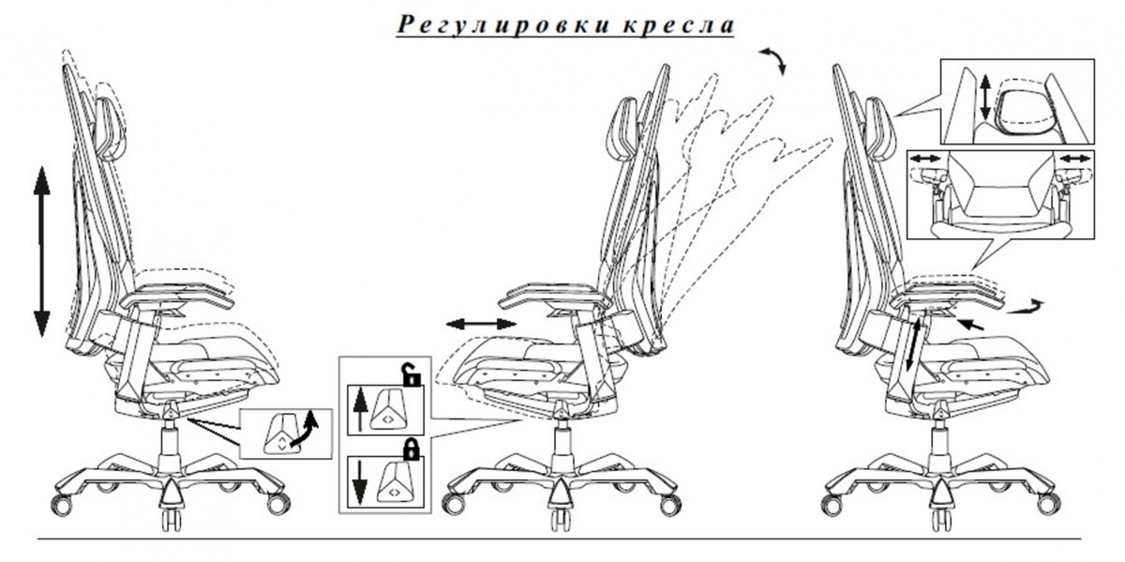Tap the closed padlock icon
click(x=412, y=449)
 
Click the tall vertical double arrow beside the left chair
click(x=41, y=251)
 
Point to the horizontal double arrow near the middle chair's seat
click(x=481, y=325)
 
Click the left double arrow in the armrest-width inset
click(x=925, y=159)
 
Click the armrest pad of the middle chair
click(x=552, y=296)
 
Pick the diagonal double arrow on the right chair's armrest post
click(x=912, y=345)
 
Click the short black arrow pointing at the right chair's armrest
click(x=970, y=324)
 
